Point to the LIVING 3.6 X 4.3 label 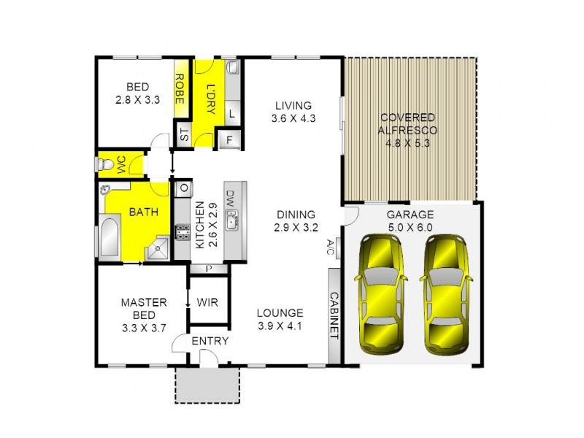(291, 111)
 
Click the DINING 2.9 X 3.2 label (296, 220)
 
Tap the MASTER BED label (144, 315)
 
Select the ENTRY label (210, 341)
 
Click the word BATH (143, 212)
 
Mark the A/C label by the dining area (331, 246)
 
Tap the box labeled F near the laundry (229, 139)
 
